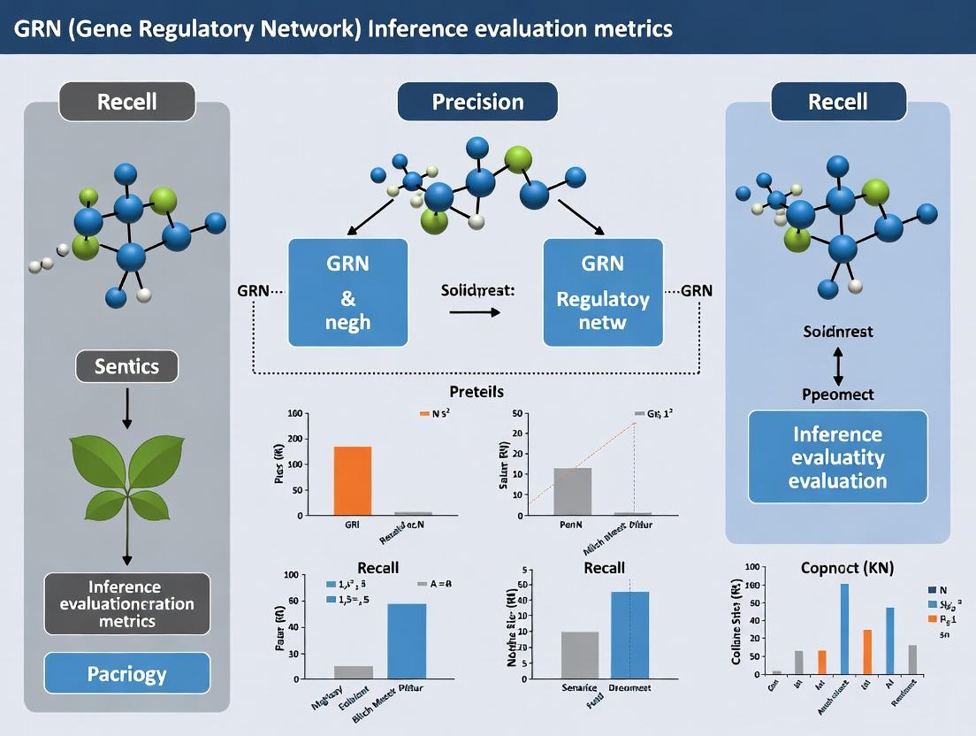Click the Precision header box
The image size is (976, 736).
click(x=477, y=102)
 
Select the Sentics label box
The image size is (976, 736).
click(x=126, y=366)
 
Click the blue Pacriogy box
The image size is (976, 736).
click(x=126, y=673)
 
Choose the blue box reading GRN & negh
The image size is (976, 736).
click(x=348, y=292)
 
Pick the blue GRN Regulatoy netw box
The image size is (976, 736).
click(x=602, y=292)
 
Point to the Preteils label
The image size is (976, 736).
click(x=477, y=390)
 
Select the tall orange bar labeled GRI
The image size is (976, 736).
click(x=352, y=479)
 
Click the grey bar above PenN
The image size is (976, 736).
click(x=572, y=490)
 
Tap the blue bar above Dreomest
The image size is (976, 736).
click(x=629, y=634)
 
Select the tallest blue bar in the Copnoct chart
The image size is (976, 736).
click(x=844, y=628)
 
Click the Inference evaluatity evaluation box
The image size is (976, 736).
click(x=837, y=457)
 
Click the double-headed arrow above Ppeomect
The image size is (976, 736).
click(x=837, y=363)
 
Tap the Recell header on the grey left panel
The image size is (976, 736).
click(x=126, y=102)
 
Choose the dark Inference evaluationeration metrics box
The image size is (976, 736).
click(x=126, y=604)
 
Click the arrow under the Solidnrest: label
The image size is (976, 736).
click(x=474, y=312)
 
